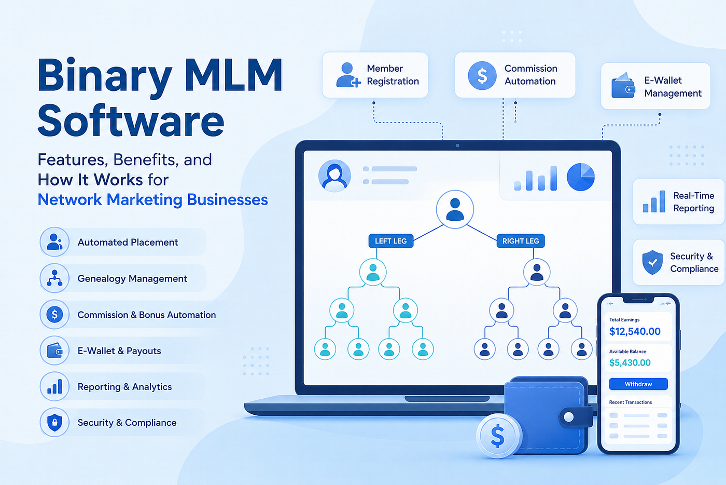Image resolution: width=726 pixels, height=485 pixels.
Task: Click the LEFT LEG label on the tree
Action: click(x=391, y=241)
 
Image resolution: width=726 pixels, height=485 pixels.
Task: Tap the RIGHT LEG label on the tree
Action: click(x=521, y=241)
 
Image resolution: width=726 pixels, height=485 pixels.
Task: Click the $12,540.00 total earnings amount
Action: click(x=635, y=331)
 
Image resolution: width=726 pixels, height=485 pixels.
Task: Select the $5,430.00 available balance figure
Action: click(x=630, y=362)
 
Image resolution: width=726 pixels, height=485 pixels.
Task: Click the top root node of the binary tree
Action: click(x=455, y=209)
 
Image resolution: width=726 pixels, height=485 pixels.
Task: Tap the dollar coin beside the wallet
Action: click(x=498, y=436)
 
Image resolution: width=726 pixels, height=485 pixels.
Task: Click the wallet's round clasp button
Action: click(x=568, y=417)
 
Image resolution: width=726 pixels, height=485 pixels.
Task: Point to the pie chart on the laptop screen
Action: click(x=580, y=177)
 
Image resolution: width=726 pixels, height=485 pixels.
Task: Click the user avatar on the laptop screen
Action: click(x=334, y=176)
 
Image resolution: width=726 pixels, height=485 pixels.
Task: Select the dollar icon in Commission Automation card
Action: click(x=482, y=76)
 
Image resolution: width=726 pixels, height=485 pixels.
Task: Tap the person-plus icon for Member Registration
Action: click(x=348, y=75)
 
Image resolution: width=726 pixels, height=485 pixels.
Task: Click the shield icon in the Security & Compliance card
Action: click(x=652, y=262)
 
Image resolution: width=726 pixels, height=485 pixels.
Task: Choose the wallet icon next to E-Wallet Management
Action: click(x=623, y=86)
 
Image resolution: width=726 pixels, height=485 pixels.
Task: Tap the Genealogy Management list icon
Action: click(x=54, y=278)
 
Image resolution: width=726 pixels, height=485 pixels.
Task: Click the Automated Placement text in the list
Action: click(x=128, y=242)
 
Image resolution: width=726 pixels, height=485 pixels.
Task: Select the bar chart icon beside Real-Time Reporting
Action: click(x=654, y=201)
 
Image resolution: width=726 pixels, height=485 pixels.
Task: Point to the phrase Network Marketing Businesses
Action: click(x=152, y=199)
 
